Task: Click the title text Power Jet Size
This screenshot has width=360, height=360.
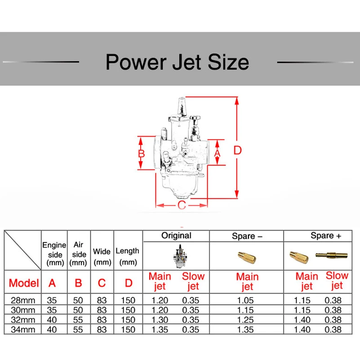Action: pos(177,62)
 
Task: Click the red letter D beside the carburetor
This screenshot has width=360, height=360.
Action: pos(238,150)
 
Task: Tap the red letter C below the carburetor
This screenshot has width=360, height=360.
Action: pos(181,205)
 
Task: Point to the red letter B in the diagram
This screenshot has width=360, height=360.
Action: pos(142,153)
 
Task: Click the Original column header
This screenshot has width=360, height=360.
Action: pos(176,236)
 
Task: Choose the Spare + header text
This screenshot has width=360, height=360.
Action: pos(322,236)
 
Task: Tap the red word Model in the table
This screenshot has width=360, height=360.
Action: pos(23,283)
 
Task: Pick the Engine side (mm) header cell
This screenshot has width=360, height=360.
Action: pos(54,254)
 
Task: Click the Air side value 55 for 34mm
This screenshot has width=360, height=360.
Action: pos(78,329)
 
